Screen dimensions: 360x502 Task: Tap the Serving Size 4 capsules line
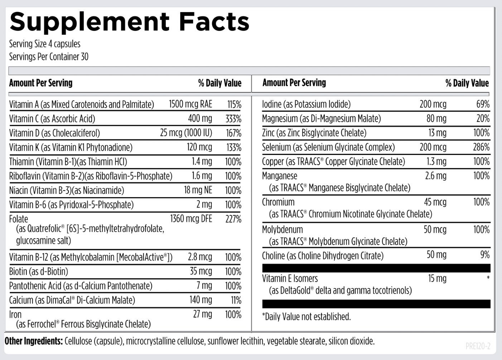45,44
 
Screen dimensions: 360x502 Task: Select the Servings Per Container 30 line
49,57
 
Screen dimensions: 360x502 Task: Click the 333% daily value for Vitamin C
233,119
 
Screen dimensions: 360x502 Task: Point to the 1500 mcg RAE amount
190,104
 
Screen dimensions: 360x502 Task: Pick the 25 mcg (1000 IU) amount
186,133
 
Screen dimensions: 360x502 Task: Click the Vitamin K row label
71,147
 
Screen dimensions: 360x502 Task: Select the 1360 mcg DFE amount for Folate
191,219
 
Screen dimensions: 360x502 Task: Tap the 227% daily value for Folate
233,219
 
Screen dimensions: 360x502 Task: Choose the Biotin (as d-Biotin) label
39,272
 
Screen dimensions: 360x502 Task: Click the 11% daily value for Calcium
236,300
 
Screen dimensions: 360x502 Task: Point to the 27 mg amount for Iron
203,314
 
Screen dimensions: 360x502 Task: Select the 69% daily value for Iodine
483,104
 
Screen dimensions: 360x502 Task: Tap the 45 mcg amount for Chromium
435,202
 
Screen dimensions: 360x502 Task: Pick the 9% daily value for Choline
485,255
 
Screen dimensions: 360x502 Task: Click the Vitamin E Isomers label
290,278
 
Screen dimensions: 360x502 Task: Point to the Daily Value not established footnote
306,317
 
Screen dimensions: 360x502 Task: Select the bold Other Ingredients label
34,341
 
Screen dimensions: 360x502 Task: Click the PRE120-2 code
478,346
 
